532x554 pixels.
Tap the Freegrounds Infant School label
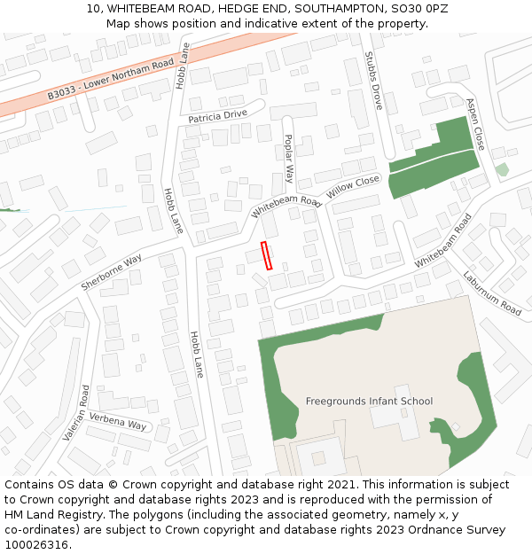click(369, 402)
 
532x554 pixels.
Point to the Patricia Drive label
click(217, 116)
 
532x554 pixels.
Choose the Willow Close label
click(353, 187)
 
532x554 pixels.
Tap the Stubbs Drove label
click(372, 85)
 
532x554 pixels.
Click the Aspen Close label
click(476, 123)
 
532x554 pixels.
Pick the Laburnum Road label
click(492, 293)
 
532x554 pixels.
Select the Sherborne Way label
click(112, 272)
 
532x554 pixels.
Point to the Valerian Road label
click(76, 413)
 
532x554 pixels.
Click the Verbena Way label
click(118, 423)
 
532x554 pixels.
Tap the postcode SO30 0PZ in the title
click(419, 9)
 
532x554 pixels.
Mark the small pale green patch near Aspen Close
click(502, 169)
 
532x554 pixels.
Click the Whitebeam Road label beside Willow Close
click(286, 207)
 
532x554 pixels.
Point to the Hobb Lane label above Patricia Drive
click(184, 66)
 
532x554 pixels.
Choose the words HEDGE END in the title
click(251, 9)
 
